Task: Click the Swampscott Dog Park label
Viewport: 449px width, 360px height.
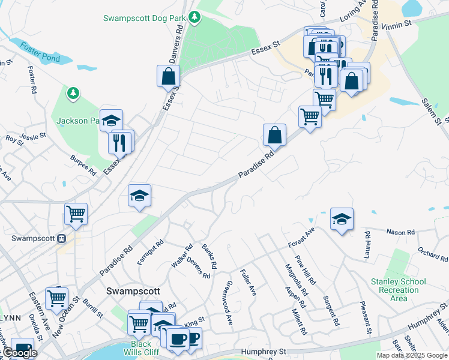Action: [143, 18]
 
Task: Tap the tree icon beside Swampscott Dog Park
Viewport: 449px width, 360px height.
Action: [194, 18]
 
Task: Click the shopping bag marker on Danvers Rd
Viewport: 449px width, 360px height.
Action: [169, 77]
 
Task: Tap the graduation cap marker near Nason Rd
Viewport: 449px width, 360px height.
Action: [342, 219]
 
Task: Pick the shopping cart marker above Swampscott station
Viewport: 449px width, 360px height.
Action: [76, 214]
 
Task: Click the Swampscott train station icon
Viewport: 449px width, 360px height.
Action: [61, 238]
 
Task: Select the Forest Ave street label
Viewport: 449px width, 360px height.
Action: [301, 237]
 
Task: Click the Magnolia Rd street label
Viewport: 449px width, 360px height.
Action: [295, 280]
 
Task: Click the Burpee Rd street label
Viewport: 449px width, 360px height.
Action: [83, 163]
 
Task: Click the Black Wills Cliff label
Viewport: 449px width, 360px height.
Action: [145, 348]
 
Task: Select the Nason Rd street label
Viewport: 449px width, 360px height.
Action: [401, 232]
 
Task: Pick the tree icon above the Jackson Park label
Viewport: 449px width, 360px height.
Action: [73, 93]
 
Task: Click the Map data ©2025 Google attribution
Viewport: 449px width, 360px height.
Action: [412, 355]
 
